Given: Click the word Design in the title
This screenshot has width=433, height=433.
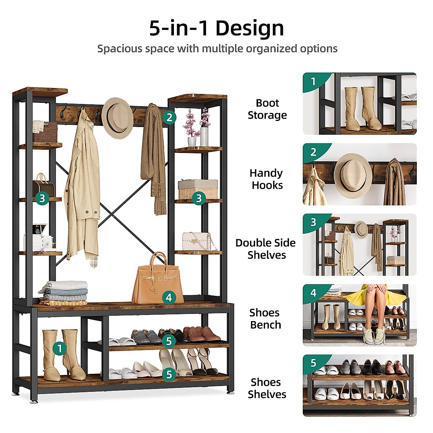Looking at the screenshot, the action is click(250, 28).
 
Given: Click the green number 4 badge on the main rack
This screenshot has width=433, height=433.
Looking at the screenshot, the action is click(169, 298).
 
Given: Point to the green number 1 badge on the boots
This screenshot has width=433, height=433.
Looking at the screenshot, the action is click(60, 348).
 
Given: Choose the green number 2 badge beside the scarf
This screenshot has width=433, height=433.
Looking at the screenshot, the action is click(169, 117).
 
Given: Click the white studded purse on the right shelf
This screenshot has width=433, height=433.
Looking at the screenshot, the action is click(197, 241).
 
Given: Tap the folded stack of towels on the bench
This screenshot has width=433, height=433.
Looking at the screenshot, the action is click(64, 292).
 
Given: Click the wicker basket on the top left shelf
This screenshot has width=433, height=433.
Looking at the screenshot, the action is click(45, 132).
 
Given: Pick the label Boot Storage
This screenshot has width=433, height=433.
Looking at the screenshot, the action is click(267, 109).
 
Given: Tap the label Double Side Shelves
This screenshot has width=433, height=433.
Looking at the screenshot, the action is click(266, 249).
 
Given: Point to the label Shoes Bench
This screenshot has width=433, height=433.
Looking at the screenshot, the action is click(265, 319).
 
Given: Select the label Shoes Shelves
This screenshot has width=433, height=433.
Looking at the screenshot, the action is click(267, 388).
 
